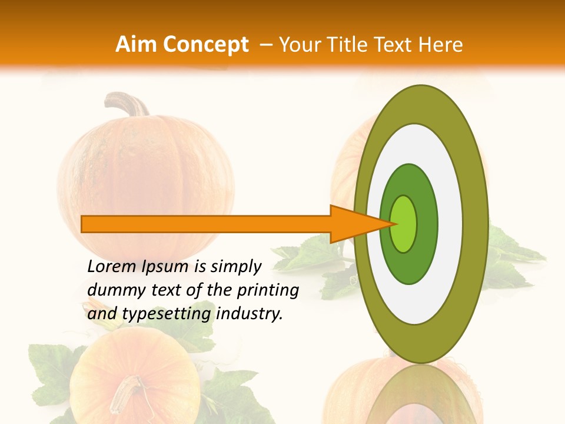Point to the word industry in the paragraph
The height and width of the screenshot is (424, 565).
(x=250, y=314)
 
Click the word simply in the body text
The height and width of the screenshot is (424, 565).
(x=235, y=267)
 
